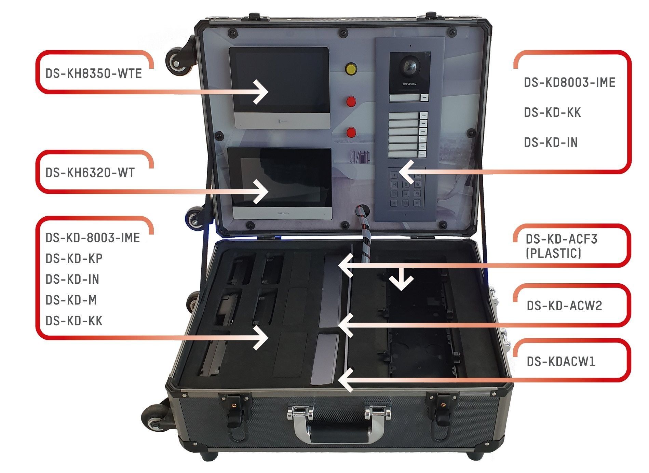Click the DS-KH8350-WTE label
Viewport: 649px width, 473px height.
coord(93,73)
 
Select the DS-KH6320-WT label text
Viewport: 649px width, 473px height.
coord(90,173)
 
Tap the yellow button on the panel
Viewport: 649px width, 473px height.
coord(351,69)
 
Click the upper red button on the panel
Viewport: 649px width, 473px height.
coord(351,102)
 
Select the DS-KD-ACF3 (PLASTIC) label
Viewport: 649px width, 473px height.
coord(561,246)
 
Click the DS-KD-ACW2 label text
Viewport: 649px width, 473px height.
coord(564,306)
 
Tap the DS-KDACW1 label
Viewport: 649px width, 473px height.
coord(560,361)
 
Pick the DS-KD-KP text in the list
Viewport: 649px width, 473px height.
coord(74,259)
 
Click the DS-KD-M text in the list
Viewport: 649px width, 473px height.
coord(71,300)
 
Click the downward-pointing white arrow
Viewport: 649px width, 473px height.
coord(401,279)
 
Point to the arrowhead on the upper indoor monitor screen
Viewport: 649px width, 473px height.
coord(261,92)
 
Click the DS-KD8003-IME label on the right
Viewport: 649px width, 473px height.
coord(569,82)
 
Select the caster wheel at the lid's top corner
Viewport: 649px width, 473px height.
coord(177,62)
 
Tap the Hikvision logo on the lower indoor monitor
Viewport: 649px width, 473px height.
coord(283,213)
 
